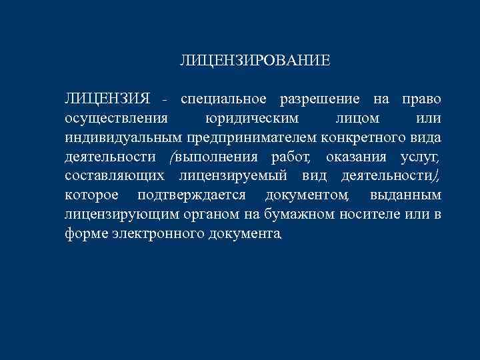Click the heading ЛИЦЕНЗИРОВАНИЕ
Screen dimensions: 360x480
[255, 61]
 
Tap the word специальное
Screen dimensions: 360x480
[223, 100]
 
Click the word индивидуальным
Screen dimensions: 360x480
[123, 139]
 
